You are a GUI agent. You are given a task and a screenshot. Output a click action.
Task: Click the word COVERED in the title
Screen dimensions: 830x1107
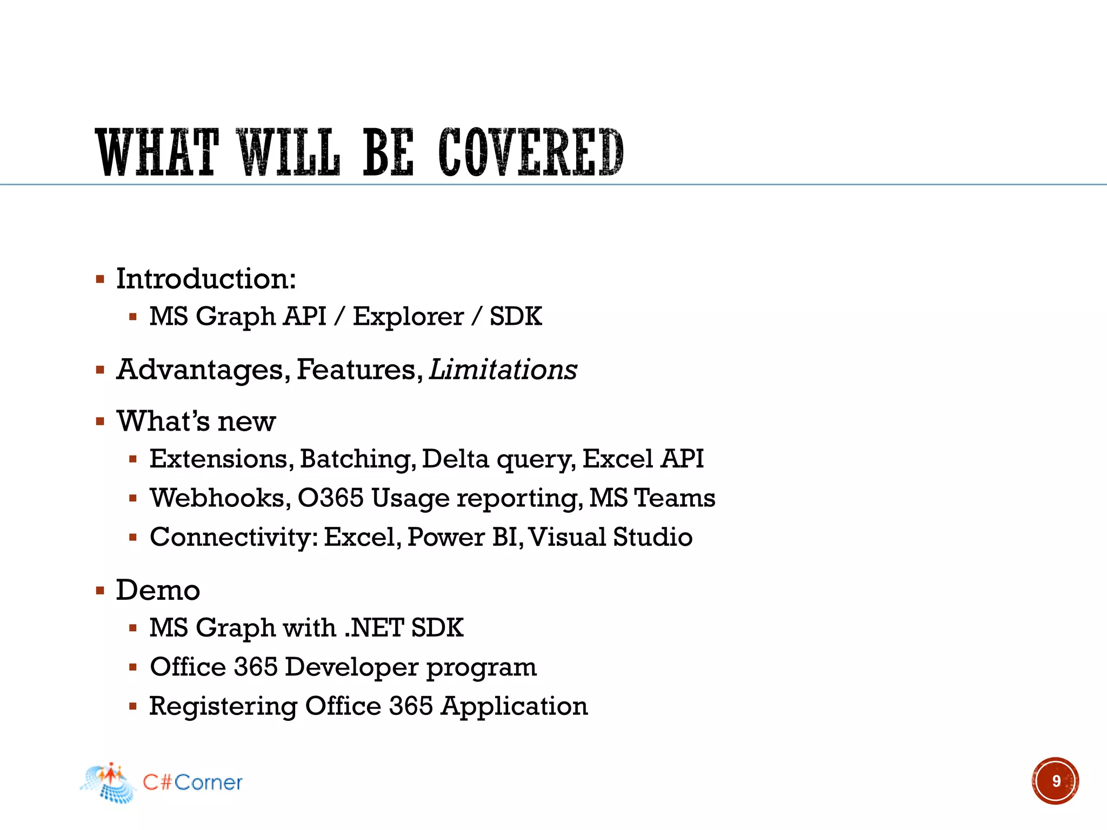click(531, 153)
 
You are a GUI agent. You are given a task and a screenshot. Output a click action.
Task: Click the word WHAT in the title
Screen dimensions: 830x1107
click(157, 153)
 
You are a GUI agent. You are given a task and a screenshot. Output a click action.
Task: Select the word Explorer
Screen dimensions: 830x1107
click(408, 317)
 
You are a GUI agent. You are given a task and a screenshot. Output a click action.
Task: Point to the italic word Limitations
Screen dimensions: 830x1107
click(503, 370)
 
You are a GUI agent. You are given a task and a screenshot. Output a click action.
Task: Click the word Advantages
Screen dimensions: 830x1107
click(200, 370)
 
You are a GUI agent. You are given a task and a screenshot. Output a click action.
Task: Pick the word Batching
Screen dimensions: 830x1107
click(357, 459)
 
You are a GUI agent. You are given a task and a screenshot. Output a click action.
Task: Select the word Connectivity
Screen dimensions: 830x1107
click(234, 538)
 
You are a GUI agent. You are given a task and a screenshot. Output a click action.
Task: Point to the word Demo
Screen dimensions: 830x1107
click(158, 590)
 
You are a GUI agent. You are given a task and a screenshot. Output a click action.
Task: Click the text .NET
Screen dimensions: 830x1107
click(374, 628)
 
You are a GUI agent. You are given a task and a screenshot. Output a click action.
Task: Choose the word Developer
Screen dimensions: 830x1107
click(351, 667)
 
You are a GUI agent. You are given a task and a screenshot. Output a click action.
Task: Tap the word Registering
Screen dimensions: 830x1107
click(223, 707)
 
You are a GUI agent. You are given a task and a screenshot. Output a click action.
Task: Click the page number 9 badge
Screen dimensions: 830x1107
click(1055, 781)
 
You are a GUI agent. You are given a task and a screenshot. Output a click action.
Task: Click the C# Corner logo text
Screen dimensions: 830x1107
click(192, 782)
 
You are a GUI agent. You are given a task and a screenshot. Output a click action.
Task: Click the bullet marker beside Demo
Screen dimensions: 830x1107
click(100, 590)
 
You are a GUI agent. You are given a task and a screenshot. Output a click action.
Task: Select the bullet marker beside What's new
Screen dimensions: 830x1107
click(100, 421)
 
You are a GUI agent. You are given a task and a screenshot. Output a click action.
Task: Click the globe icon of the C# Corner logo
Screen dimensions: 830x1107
click(109, 784)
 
